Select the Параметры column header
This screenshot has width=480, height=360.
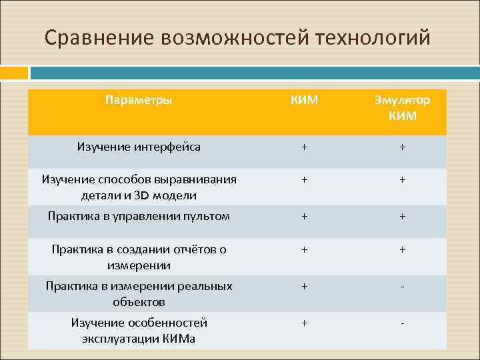coord(139,100)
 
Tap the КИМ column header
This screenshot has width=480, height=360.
coord(305,100)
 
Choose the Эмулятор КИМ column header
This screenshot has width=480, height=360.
coord(402,108)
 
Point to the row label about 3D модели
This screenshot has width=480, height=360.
coord(139,187)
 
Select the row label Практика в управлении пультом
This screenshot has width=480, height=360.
coord(139,216)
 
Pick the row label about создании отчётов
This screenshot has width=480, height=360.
coord(139,257)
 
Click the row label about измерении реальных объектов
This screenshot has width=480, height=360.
coord(139,294)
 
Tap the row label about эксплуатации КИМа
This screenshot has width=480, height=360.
coord(139,331)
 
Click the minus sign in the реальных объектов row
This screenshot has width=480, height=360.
coord(402,287)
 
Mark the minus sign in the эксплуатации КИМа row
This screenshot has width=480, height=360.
coord(402,323)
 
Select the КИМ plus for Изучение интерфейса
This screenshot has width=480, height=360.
coord(305,147)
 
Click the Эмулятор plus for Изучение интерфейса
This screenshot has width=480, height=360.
coord(402,147)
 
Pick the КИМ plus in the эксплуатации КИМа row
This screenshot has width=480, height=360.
coord(305,323)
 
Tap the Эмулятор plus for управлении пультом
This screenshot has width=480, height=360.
coord(402,217)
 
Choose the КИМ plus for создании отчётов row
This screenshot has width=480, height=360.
coord(305,250)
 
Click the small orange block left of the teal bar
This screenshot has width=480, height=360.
coord(14,73)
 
